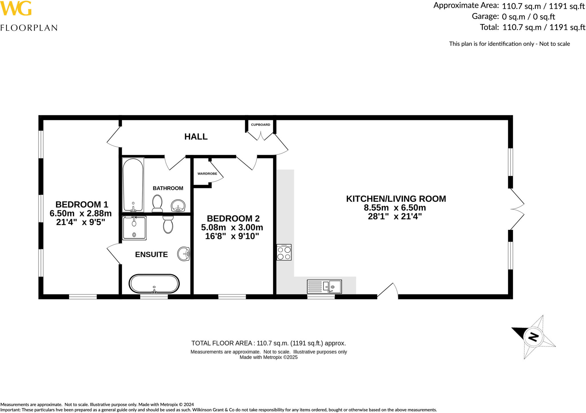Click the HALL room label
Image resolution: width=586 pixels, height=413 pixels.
[196, 137]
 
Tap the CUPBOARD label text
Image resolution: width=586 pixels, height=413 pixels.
[260, 125]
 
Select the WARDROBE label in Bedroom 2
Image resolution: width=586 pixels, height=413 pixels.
[207, 174]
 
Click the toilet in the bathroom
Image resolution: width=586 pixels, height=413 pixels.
[157, 203]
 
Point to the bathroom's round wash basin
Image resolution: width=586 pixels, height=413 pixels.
[178, 205]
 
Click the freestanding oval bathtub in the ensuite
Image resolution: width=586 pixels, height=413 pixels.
[154, 284]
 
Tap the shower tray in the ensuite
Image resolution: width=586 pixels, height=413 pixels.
[134, 228]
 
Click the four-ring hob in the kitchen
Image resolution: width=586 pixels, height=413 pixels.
[284, 252]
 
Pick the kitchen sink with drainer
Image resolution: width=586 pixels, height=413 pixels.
[324, 287]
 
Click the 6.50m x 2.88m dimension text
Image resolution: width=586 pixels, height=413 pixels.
[80, 213]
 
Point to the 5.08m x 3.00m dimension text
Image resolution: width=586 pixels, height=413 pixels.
[232, 227]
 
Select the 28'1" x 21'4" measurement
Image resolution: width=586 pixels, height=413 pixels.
[395, 217]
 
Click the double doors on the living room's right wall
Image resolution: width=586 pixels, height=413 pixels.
[517, 209]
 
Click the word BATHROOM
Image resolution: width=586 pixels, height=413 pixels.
[168, 188]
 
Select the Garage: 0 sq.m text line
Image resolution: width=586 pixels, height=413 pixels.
[513, 17]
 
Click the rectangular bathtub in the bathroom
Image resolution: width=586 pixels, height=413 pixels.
[133, 185]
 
